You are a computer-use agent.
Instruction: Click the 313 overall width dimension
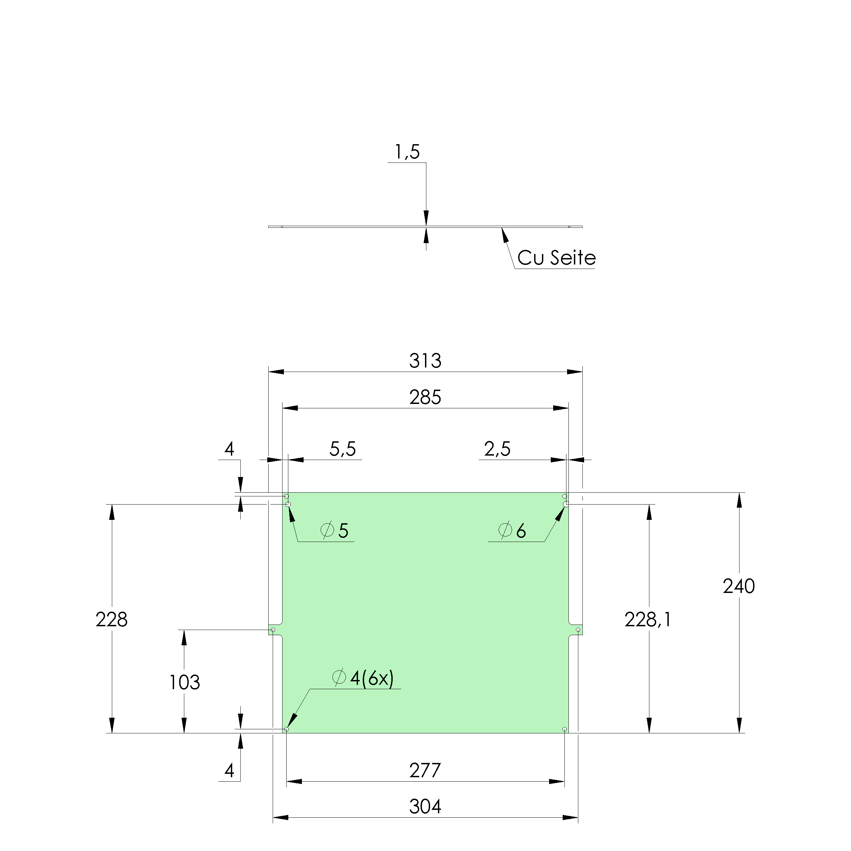[x=425, y=361]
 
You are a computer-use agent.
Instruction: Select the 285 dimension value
[x=425, y=398]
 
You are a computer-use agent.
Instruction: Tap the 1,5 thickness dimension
[x=407, y=152]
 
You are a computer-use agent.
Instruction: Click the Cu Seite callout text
[x=556, y=258]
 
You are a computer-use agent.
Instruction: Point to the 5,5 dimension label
[x=342, y=449]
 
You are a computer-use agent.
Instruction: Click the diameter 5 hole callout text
[x=335, y=531]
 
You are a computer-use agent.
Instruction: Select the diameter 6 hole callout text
[x=512, y=531]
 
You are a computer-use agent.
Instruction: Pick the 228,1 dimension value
[x=647, y=620]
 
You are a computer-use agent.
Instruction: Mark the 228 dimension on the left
[x=112, y=620]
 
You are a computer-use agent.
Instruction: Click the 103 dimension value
[x=185, y=683]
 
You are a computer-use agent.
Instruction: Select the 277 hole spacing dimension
[x=425, y=771]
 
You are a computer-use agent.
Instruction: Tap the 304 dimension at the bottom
[x=425, y=807]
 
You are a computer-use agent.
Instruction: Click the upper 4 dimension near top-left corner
[x=229, y=449]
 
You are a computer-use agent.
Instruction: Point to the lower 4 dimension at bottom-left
[x=229, y=771]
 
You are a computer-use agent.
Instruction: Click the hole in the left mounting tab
[x=273, y=630]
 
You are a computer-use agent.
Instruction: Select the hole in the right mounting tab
[x=578, y=630]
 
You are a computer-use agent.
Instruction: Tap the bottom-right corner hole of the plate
[x=565, y=729]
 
